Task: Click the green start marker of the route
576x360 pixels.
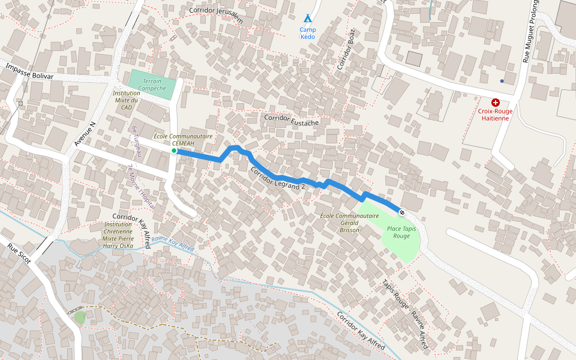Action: (x=174, y=151)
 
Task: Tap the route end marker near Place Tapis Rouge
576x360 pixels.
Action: (x=401, y=212)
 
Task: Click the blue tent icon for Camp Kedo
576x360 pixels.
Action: (x=307, y=19)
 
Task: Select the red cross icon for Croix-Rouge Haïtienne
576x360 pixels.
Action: (x=495, y=103)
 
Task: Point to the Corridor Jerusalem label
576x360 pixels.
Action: (x=216, y=14)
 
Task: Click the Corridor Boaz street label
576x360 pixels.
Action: (x=346, y=49)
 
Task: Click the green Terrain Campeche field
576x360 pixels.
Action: (x=152, y=85)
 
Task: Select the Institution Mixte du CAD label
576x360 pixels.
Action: (x=126, y=100)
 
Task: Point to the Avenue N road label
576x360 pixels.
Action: (x=84, y=135)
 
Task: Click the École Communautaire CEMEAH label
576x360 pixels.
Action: (x=183, y=140)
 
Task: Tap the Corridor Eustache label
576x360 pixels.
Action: (x=291, y=119)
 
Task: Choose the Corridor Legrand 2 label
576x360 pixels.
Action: (x=277, y=178)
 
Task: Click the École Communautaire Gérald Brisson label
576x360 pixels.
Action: (x=349, y=223)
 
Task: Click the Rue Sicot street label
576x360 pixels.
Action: (x=19, y=254)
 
